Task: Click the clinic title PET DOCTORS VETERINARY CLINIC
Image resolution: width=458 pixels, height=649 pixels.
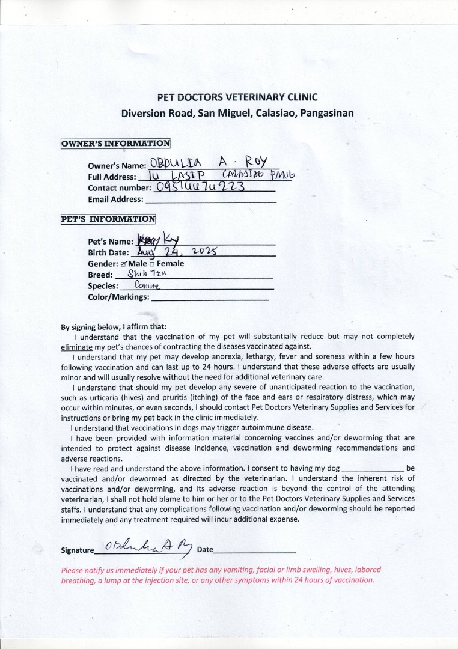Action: point(237,97)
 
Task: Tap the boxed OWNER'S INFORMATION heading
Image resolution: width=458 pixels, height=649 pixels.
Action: point(115,143)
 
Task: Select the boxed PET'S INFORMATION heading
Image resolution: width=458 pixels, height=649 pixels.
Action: point(108,219)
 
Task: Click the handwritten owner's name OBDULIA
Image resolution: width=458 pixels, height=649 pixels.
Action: point(176,163)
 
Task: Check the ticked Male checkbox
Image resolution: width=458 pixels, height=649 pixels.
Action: point(123,264)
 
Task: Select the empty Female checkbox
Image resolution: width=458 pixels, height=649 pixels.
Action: point(152,264)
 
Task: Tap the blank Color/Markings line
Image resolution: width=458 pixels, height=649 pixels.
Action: point(210,297)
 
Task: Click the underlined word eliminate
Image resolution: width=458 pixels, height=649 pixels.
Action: point(76,347)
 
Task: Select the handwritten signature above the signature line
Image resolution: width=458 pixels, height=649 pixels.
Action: point(147,546)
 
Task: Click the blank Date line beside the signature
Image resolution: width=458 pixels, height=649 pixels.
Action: point(255,550)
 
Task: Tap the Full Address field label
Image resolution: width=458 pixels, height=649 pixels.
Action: point(112,177)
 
